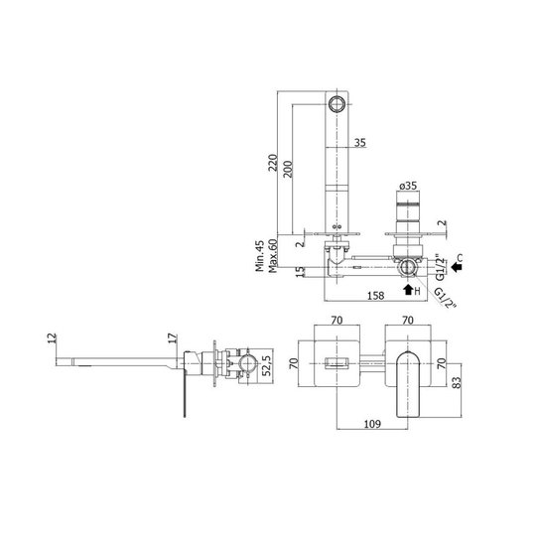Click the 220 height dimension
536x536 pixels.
tap(274, 163)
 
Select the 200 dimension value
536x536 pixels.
tap(288, 169)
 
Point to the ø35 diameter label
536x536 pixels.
tap(408, 186)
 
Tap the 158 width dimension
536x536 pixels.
tap(375, 296)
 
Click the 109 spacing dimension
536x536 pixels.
tap(372, 424)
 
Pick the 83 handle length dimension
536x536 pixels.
tap(457, 382)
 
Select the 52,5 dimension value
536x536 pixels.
tap(267, 365)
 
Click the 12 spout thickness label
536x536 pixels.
tap(52, 338)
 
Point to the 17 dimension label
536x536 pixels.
tap(174, 338)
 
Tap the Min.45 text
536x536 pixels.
tap(260, 256)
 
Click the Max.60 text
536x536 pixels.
tap(272, 256)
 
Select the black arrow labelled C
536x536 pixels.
tap(456, 267)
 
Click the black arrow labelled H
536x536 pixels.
tap(408, 289)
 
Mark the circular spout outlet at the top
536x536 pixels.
tap(336, 103)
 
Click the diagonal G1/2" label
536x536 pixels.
tap(446, 298)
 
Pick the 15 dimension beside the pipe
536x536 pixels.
tap(300, 272)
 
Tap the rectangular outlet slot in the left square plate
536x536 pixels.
tap(336, 363)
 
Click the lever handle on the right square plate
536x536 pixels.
tap(408, 384)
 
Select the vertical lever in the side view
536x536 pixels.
tap(185, 394)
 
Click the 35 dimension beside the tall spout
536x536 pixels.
tap(360, 142)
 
